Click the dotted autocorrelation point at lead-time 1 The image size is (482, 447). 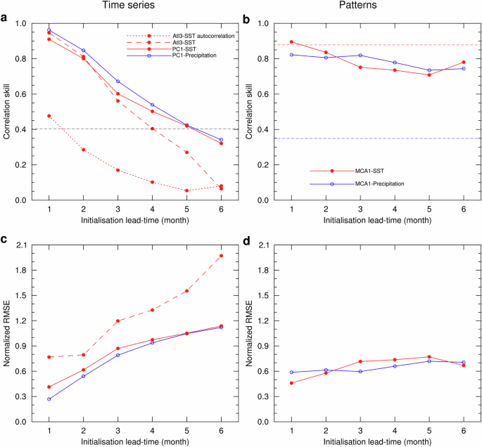pyautogui.click(x=49, y=116)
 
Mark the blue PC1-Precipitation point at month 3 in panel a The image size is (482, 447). pyautogui.click(x=118, y=82)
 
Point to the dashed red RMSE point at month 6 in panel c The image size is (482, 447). pyautogui.click(x=221, y=256)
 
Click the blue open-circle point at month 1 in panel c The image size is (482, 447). pyautogui.click(x=49, y=399)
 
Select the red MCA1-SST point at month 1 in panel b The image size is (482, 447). pyautogui.click(x=291, y=42)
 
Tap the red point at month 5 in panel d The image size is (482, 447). pyautogui.click(x=429, y=357)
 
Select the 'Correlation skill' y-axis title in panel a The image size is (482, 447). pyautogui.click(x=6, y=112)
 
